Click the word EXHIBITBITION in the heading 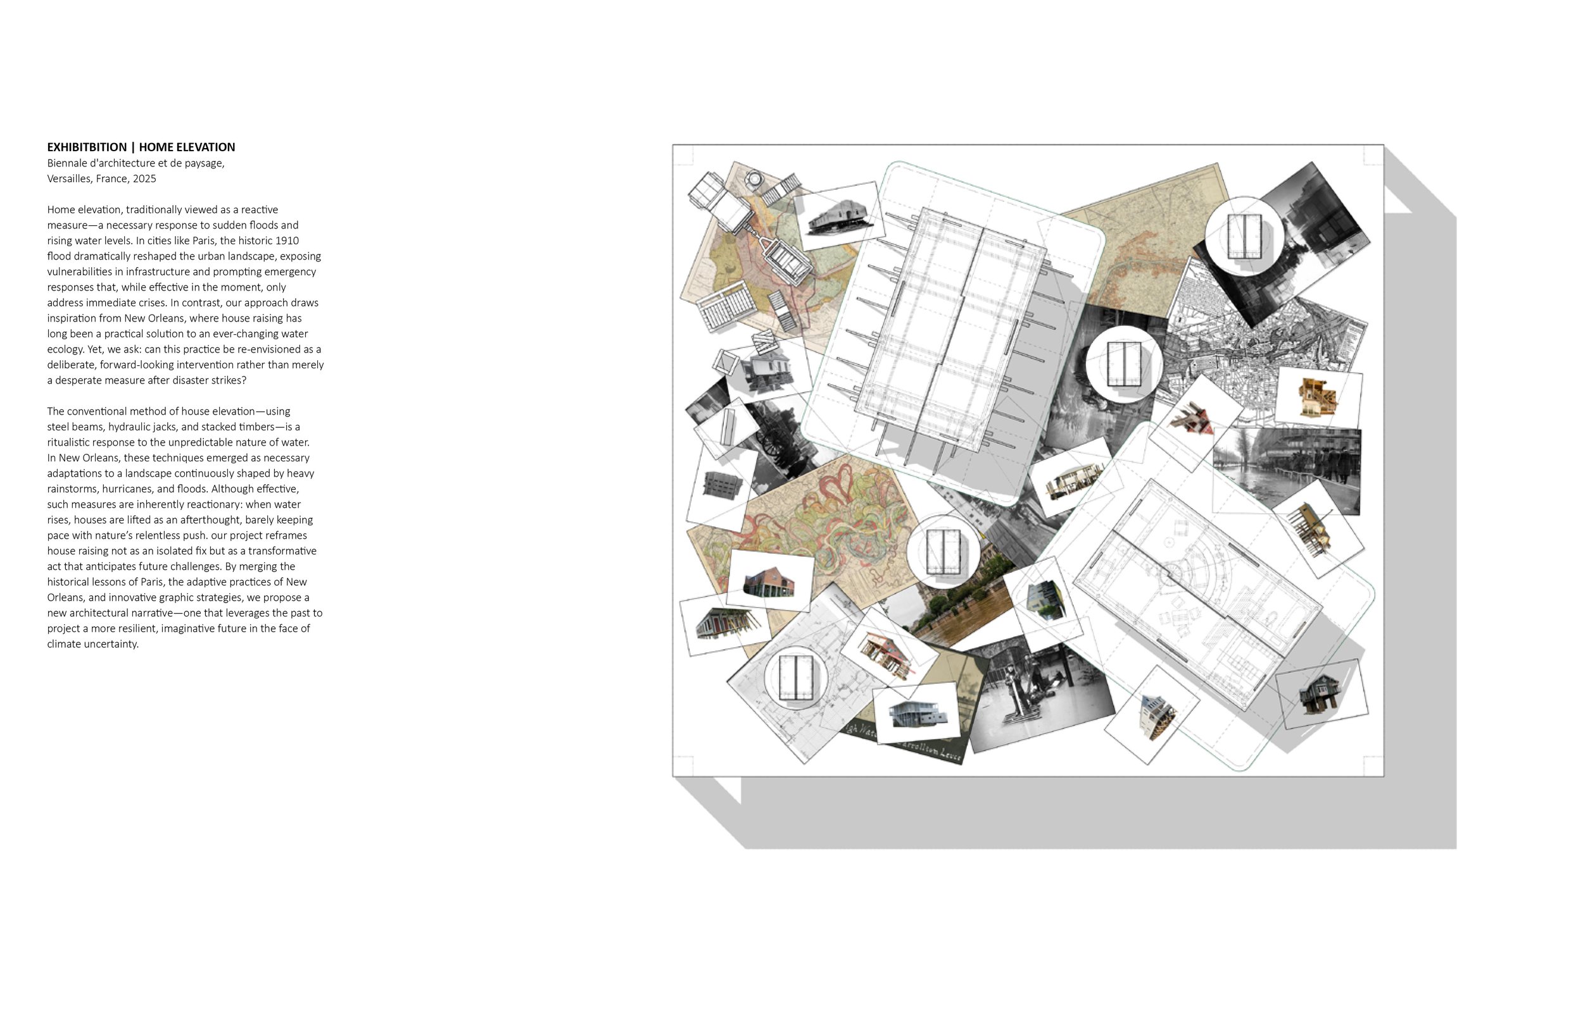[x=87, y=147]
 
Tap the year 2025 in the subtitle [x=144, y=178]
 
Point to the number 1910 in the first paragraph [x=287, y=240]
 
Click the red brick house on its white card [x=769, y=582]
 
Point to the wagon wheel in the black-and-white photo [x=775, y=442]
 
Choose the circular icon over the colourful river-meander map [x=943, y=551]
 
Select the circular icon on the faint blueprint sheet [x=796, y=677]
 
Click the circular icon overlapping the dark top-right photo [x=1244, y=235]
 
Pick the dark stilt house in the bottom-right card [x=1320, y=695]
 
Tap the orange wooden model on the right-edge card [x=1318, y=397]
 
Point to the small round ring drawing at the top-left [x=755, y=179]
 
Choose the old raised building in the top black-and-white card [x=839, y=216]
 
